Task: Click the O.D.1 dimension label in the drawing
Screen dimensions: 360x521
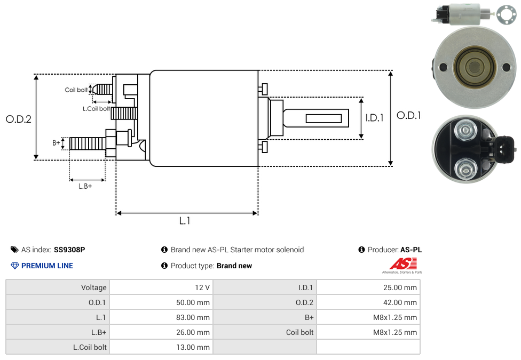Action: [409, 115]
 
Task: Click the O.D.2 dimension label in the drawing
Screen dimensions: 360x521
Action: [19, 119]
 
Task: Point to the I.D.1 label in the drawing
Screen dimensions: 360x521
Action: [374, 118]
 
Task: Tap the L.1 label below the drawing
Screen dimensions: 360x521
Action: [185, 220]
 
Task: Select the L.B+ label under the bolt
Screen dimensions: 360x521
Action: [85, 186]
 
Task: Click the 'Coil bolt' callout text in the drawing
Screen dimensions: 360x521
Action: [76, 90]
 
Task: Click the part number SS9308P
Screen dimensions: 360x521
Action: [69, 250]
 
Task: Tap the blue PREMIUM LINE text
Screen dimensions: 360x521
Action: [47, 266]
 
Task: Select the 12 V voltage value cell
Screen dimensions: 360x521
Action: [202, 287]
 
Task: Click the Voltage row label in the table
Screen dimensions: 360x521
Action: [94, 287]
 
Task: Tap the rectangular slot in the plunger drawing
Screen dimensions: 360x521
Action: [323, 118]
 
